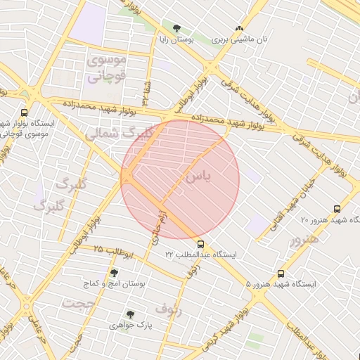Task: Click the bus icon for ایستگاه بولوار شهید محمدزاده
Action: click(25, 112)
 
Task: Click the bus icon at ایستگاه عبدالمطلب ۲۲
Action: click(202, 244)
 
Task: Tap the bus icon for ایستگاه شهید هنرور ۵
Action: click(281, 274)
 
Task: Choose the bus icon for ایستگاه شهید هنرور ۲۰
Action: click(337, 209)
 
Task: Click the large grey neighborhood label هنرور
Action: click(304, 239)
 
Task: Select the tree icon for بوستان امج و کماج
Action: click(115, 273)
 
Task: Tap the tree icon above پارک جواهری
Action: click(129, 314)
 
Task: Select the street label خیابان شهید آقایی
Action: click(295, 201)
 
